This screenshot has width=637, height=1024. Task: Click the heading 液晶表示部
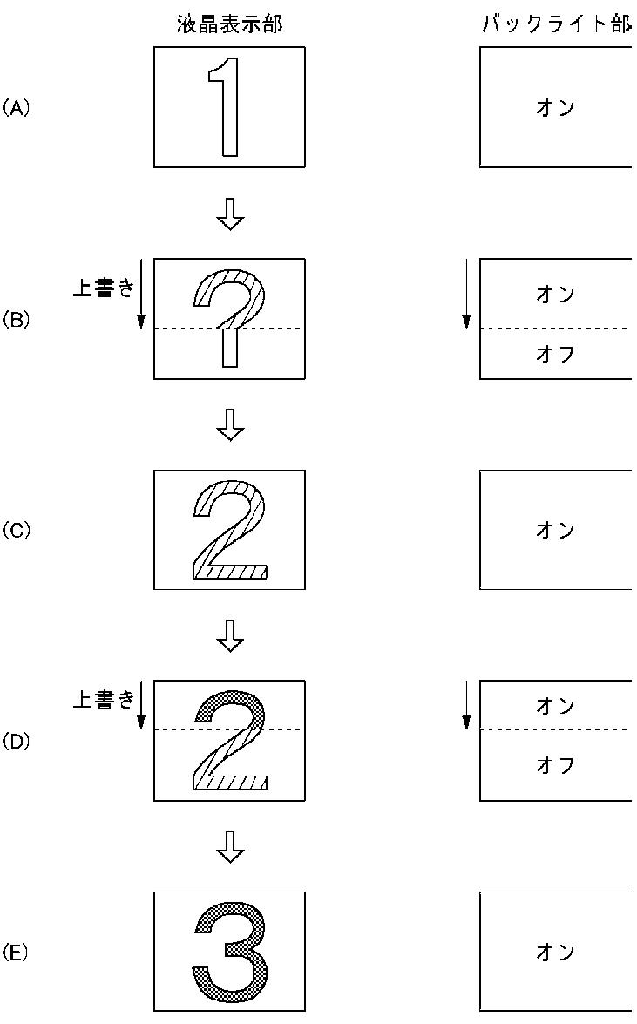pyautogui.click(x=229, y=24)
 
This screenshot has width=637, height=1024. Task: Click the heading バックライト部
pyautogui.click(x=557, y=24)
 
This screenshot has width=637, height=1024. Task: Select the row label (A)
pyautogui.click(x=16, y=108)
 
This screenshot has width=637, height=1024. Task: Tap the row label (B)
pyautogui.click(x=16, y=319)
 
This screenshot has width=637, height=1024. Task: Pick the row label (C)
pyautogui.click(x=16, y=530)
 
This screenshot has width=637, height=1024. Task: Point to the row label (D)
pyautogui.click(x=16, y=742)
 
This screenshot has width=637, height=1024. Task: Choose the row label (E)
pyautogui.click(x=16, y=953)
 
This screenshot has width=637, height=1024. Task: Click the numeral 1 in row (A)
pyautogui.click(x=227, y=106)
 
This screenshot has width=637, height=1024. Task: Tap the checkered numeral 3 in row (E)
pyautogui.click(x=230, y=952)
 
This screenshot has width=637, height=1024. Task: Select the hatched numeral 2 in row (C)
pyautogui.click(x=229, y=530)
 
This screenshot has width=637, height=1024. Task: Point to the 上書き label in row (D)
pyautogui.click(x=103, y=699)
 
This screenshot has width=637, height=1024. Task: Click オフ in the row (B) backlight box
pyautogui.click(x=555, y=355)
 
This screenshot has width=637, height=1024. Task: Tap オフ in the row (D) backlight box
pyautogui.click(x=555, y=765)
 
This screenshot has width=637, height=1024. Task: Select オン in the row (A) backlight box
pyautogui.click(x=555, y=108)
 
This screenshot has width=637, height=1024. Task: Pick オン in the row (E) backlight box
pyautogui.click(x=555, y=952)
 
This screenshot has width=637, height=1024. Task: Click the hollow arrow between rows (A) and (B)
pyautogui.click(x=230, y=214)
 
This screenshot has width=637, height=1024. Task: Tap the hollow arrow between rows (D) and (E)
pyautogui.click(x=230, y=845)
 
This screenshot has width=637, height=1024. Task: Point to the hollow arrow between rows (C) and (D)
pyautogui.click(x=230, y=635)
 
